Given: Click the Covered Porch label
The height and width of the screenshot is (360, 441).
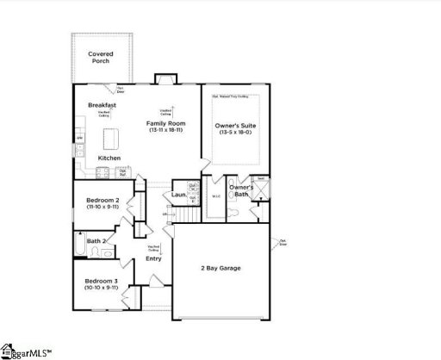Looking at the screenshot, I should point(102,57).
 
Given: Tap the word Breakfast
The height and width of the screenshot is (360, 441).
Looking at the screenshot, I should point(102,105).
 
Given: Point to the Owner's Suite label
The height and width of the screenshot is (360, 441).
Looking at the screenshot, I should point(235,125).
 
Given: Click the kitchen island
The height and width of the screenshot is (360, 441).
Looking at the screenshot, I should point(109,138).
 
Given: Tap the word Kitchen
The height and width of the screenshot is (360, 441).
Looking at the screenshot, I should point(109,158).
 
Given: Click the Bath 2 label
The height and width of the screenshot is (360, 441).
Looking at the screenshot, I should point(96,241).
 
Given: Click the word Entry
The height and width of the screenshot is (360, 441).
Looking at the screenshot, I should point(153,258).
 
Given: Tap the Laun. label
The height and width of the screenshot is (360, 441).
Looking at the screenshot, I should point(179,196).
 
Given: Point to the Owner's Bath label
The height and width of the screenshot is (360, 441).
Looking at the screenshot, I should point(240,191).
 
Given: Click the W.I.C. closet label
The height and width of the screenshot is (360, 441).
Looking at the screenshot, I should point(215,196).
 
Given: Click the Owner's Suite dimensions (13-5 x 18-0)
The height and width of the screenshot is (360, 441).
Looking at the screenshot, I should point(235,133).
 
